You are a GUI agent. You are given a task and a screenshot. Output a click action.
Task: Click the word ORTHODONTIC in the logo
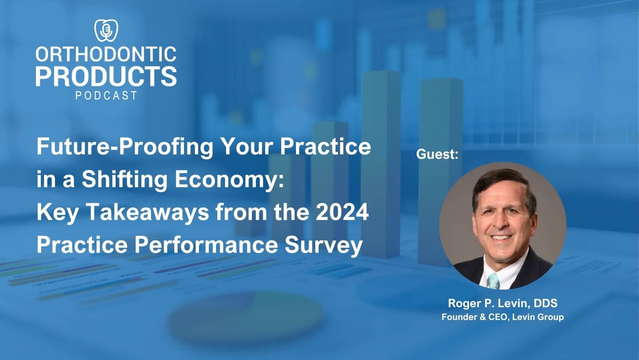pos(106,54)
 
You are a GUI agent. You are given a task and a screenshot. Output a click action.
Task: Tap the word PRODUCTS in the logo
pos(106,76)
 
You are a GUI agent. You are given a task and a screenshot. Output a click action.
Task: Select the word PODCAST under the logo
pos(106,96)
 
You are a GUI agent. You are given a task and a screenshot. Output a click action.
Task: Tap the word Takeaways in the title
pos(147,212)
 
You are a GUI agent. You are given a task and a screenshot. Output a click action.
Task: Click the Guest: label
pos(437,154)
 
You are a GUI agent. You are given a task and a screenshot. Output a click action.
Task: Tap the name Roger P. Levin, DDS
pos(502,303)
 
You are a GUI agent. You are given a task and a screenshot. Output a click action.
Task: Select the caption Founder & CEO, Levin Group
pos(502,317)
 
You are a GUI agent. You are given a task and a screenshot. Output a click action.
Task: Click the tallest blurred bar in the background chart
pos(381,160)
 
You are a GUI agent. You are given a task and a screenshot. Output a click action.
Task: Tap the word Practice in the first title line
pos(325,147)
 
